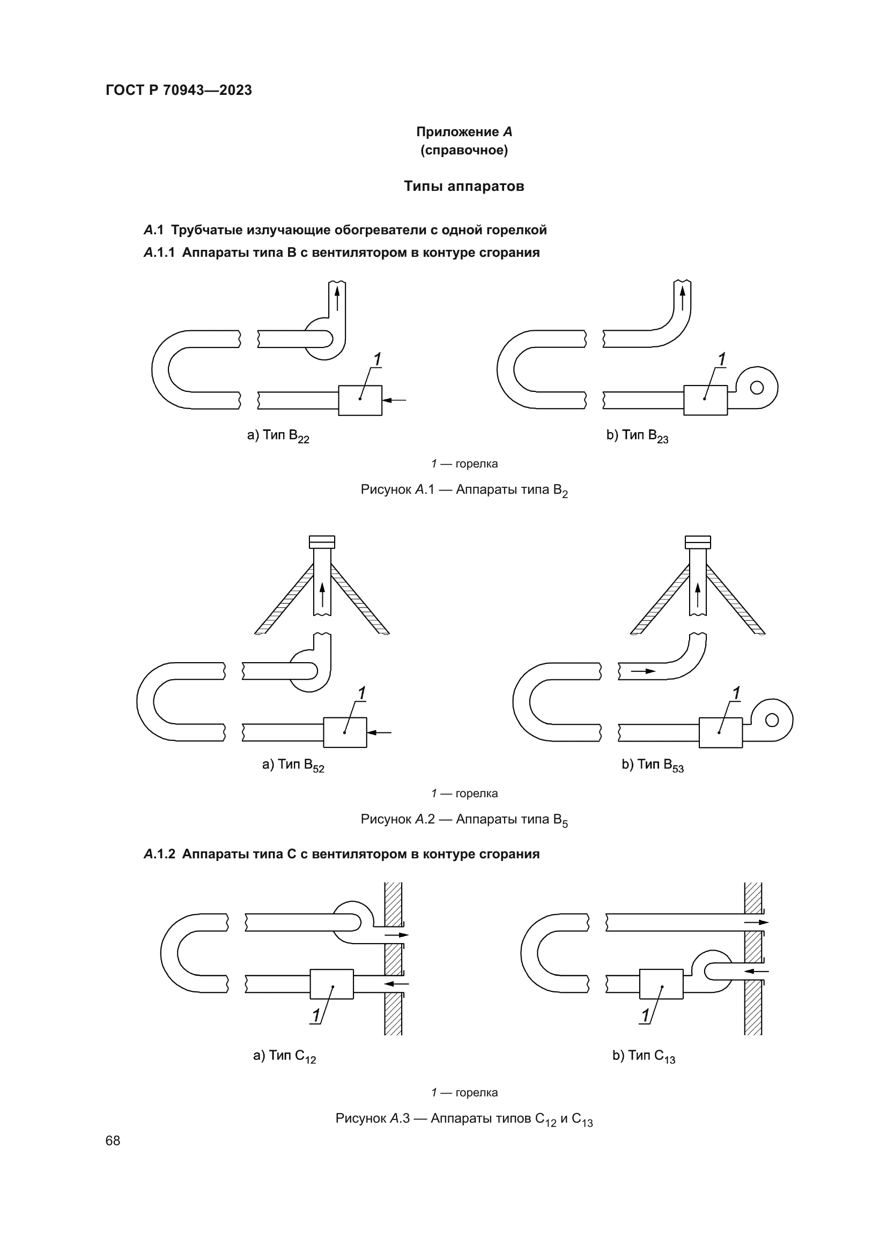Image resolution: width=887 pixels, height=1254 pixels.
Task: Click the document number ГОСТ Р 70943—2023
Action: tap(179, 90)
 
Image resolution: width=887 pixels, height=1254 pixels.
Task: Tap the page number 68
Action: tap(113, 1140)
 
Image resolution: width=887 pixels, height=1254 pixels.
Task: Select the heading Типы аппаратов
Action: tap(464, 186)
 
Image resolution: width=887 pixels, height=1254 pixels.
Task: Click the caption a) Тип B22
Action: tap(278, 436)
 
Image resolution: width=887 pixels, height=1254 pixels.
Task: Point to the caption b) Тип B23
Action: tap(637, 436)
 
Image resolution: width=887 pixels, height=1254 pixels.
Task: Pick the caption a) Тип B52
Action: tap(293, 765)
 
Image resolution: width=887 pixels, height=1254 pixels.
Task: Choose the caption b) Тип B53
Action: tap(652, 765)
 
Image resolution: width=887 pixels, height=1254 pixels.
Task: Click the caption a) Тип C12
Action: tap(285, 1056)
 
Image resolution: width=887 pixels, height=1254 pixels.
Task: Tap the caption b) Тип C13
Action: tap(644, 1056)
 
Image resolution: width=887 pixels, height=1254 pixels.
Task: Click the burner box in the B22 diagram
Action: tap(360, 400)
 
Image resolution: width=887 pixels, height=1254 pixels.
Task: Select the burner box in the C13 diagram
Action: tap(661, 984)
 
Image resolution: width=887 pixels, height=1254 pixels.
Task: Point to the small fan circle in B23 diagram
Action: tap(757, 387)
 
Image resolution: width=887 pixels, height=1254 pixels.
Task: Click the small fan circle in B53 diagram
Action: tap(772, 721)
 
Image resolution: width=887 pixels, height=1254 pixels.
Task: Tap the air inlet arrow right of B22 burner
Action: tap(394, 400)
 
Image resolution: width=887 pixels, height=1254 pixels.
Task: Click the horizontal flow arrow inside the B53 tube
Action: tap(643, 671)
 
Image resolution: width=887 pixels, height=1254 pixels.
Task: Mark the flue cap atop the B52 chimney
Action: tap(322, 542)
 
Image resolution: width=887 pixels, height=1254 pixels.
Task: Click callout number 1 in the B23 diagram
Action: tap(721, 359)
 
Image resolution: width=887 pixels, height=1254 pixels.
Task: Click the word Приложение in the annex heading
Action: tap(457, 132)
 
